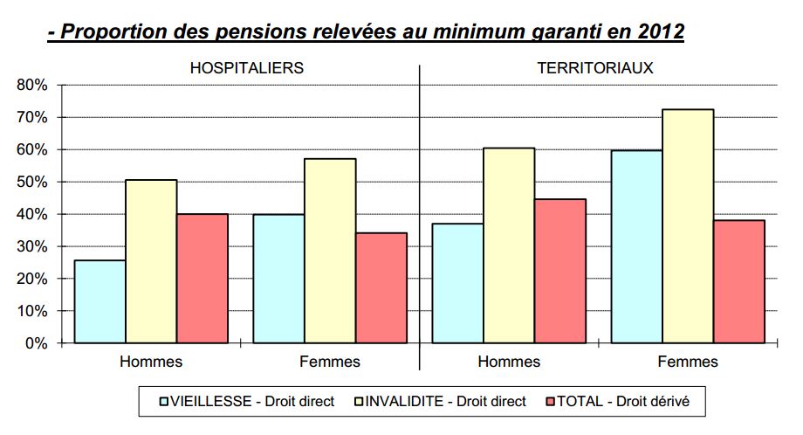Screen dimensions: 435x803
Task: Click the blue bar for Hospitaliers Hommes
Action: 100,301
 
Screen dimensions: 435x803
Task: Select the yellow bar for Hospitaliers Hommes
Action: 151,261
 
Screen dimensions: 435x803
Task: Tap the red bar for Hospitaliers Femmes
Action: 381,287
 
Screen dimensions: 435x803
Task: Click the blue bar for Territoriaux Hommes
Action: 458,283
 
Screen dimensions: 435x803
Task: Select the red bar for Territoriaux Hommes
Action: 560,271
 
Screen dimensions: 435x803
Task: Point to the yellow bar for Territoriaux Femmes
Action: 688,226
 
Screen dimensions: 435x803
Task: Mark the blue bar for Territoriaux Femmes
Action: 636,246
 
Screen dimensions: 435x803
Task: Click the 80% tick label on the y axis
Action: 31,86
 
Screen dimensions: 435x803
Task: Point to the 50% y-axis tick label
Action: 31,183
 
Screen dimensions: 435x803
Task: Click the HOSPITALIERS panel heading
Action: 247,68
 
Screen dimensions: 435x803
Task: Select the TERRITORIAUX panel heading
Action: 596,68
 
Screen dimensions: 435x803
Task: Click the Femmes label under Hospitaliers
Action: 330,362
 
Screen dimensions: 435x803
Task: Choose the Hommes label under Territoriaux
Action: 509,362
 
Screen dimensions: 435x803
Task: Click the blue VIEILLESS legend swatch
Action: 163,401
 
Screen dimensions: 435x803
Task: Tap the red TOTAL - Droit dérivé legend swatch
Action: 550,401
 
